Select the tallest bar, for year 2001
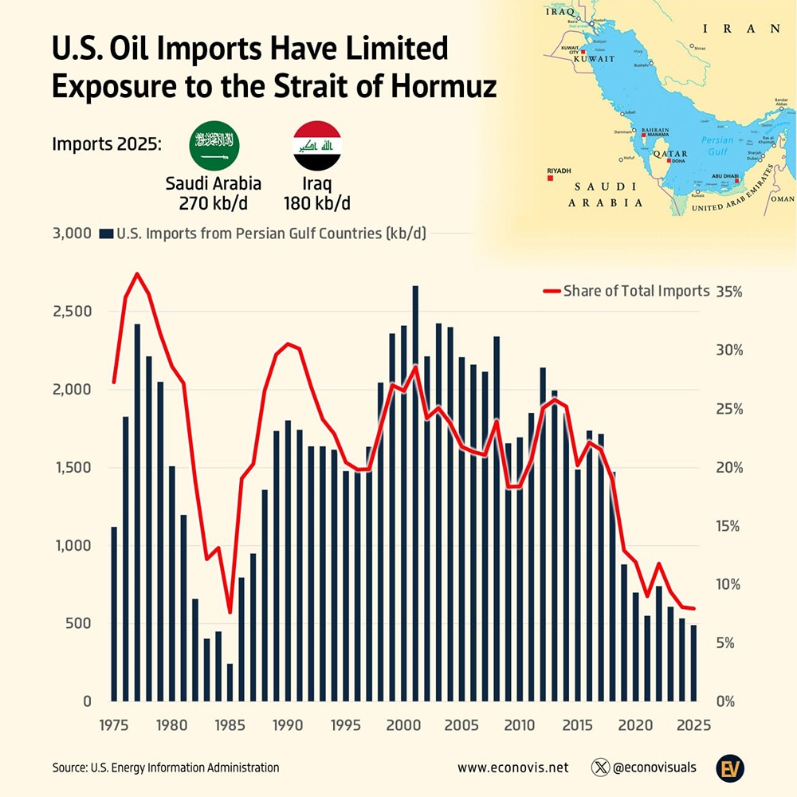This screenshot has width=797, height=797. click(415, 494)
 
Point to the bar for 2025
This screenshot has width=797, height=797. click(693, 663)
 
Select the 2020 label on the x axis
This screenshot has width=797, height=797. click(635, 726)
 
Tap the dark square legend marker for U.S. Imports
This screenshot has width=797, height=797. click(104, 234)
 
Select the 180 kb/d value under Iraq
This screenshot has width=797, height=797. click(316, 203)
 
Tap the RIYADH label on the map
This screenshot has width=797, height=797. click(559, 171)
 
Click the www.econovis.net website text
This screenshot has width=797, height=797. click(513, 768)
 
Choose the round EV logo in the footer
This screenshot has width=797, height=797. click(727, 767)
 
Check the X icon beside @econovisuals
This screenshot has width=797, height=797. click(601, 768)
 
